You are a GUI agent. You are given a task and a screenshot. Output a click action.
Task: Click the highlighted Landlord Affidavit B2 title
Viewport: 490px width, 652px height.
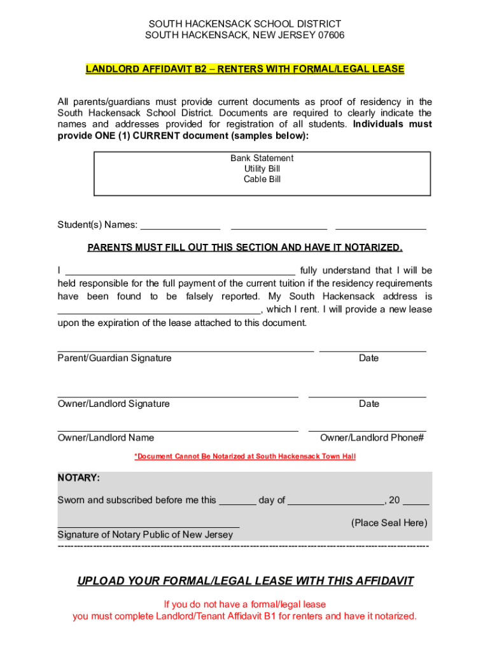[x=245, y=69]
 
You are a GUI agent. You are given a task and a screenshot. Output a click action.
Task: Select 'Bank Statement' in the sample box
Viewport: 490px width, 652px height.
[x=262, y=158]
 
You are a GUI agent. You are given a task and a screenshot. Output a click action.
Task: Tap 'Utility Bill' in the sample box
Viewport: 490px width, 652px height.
[x=262, y=169]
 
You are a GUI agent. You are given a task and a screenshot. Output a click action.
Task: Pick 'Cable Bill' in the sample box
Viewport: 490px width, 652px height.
[x=262, y=179]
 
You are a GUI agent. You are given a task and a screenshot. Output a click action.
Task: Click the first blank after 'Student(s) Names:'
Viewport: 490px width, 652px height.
[x=180, y=225]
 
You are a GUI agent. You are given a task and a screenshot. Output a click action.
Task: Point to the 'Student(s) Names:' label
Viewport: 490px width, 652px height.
[x=97, y=224]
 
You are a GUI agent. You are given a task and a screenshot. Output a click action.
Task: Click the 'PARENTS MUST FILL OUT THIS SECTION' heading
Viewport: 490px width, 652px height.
[x=245, y=247]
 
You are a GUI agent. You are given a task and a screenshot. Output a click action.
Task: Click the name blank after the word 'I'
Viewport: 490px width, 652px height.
[x=180, y=272]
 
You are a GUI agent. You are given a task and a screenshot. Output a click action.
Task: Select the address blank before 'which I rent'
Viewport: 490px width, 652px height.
[x=159, y=311]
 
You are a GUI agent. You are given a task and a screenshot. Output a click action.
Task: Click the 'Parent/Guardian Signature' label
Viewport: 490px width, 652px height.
[x=115, y=358]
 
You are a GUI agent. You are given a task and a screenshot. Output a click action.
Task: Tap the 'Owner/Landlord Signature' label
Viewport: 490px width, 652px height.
[x=114, y=404]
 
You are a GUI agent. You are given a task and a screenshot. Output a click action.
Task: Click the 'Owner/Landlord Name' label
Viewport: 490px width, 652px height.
[x=106, y=437]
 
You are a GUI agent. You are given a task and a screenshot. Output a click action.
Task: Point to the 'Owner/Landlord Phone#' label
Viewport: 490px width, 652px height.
[x=372, y=437]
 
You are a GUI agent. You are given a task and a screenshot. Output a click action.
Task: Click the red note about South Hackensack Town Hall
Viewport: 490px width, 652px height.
[x=245, y=457]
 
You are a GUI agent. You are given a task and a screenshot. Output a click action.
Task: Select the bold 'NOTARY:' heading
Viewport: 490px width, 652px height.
[x=79, y=478]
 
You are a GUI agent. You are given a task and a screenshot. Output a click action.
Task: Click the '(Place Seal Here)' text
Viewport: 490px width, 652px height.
[x=389, y=523]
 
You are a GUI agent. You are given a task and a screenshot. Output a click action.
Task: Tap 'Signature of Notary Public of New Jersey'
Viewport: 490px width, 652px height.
[x=145, y=534]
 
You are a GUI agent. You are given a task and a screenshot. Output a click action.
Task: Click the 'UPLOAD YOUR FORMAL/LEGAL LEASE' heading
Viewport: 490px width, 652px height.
[x=245, y=581]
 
